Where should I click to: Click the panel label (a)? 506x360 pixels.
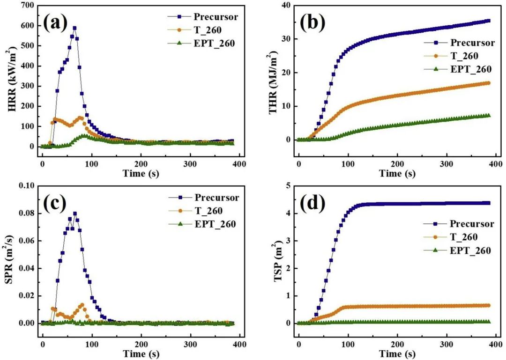pyautogui.click(x=56, y=22)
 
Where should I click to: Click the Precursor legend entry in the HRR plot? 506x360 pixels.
pyautogui.click(x=216, y=17)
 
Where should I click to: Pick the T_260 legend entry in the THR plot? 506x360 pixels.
pyautogui.click(x=464, y=56)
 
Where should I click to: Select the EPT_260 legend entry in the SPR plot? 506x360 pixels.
pyautogui.click(x=215, y=224)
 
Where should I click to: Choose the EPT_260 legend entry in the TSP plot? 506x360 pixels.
pyautogui.click(x=470, y=250)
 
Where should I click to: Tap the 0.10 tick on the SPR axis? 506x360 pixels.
pyautogui.click(x=24, y=186)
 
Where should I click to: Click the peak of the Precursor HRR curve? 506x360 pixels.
pyautogui.click(x=74, y=28)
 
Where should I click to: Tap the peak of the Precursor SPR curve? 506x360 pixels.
pyautogui.click(x=75, y=213)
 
